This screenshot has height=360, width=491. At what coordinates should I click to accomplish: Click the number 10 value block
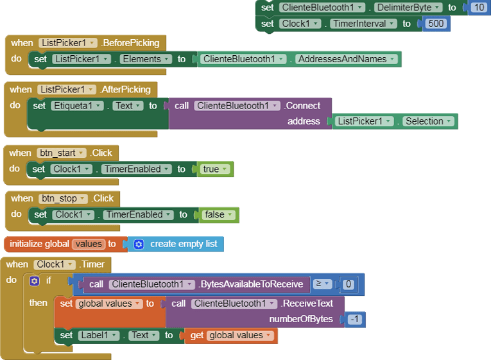point(478,7)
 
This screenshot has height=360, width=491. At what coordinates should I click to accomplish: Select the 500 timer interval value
point(436,24)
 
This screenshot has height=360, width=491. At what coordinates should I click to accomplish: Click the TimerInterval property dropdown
point(363,24)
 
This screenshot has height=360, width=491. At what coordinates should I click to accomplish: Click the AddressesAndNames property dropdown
point(347,59)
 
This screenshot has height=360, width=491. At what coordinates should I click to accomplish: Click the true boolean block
point(214,169)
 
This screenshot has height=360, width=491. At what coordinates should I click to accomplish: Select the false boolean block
point(218,215)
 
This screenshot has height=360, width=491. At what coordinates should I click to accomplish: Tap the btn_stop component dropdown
point(62,198)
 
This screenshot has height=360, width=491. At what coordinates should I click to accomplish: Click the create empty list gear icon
point(139,244)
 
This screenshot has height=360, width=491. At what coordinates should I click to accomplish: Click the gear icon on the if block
point(34,280)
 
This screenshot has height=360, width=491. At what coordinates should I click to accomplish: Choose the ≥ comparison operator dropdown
point(322,284)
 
